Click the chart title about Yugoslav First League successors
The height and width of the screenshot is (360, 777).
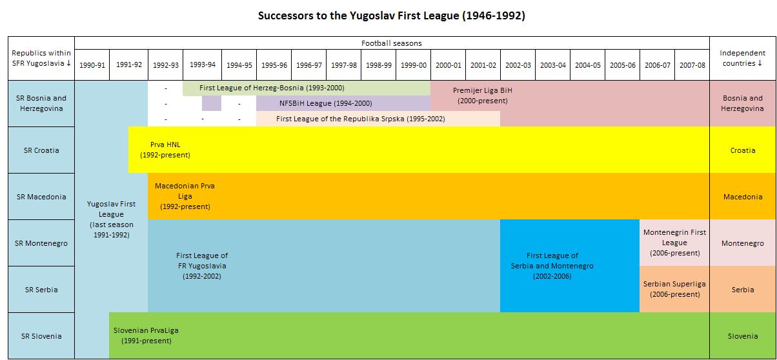pyautogui.click(x=391, y=15)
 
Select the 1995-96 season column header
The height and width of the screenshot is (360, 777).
pyautogui.click(x=274, y=65)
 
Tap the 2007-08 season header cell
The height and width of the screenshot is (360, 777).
pyautogui.click(x=692, y=65)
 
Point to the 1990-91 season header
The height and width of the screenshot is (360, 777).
pyautogui.click(x=92, y=65)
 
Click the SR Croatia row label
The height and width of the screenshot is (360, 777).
pyautogui.click(x=41, y=150)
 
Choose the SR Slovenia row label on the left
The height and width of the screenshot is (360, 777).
pyautogui.click(x=41, y=336)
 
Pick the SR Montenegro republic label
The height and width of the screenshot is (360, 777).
pyautogui.click(x=41, y=243)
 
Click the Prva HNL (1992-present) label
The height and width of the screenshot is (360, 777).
pyautogui.click(x=165, y=150)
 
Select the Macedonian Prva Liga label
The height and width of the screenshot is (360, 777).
pyautogui.click(x=185, y=196)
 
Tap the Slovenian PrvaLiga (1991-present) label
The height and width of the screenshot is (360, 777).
pyautogui.click(x=146, y=335)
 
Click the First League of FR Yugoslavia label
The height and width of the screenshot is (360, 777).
pyautogui.click(x=201, y=266)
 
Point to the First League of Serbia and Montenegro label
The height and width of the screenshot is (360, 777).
pyautogui.click(x=552, y=266)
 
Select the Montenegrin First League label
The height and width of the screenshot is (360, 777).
pyautogui.click(x=674, y=243)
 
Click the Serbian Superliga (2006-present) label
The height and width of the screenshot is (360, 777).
pyautogui.click(x=674, y=289)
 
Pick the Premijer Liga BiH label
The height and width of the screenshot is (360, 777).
pyautogui.click(x=483, y=95)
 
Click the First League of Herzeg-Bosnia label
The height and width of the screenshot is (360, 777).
pyautogui.click(x=272, y=88)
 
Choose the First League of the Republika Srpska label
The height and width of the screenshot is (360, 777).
pyautogui.click(x=360, y=119)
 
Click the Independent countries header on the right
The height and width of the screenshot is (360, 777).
pyautogui.click(x=742, y=58)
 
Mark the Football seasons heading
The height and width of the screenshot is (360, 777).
pyautogui.click(x=391, y=43)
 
